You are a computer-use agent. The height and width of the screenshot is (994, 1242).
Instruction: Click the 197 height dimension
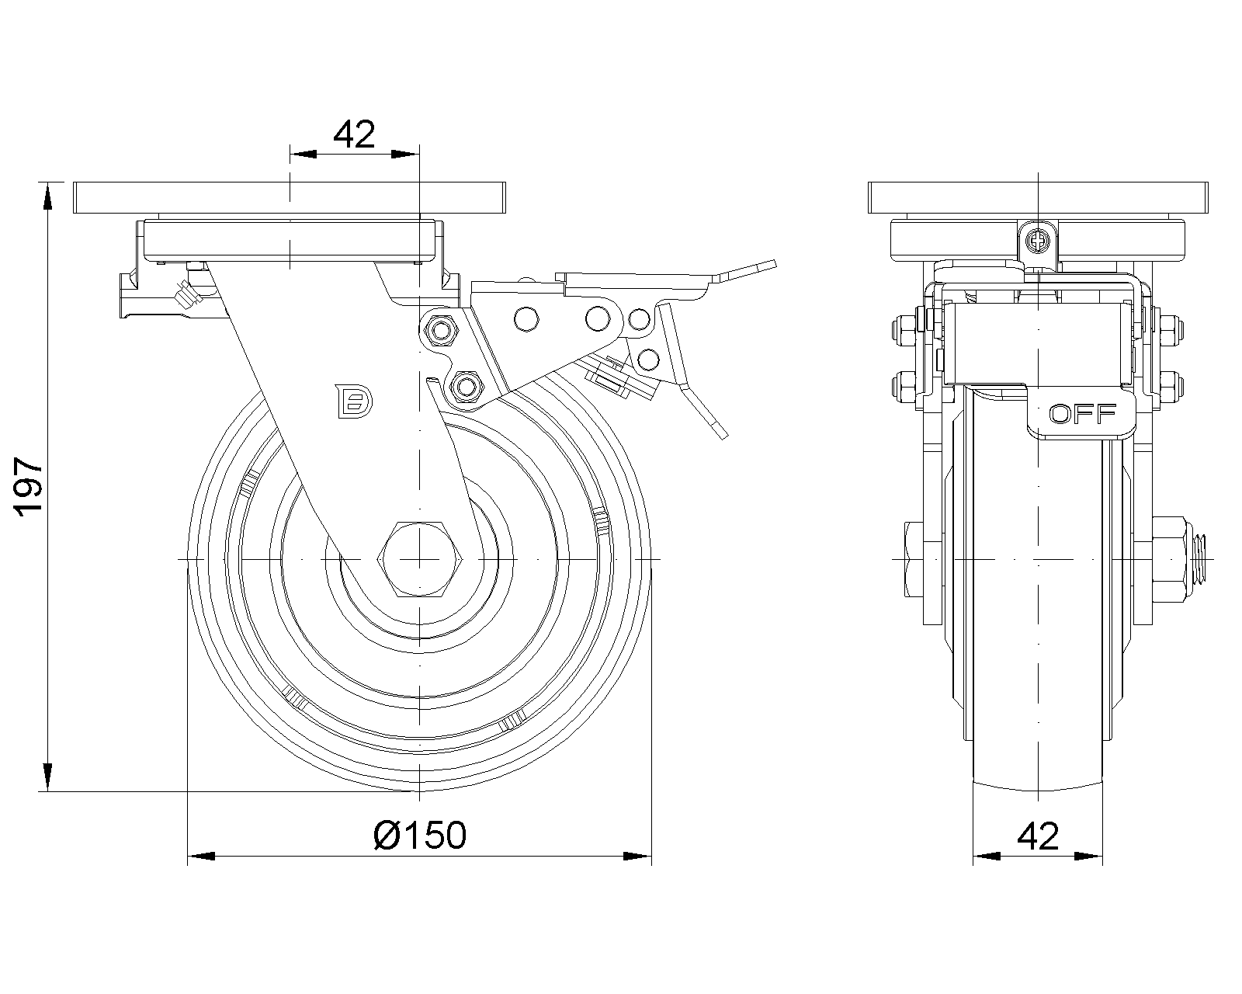click(x=29, y=487)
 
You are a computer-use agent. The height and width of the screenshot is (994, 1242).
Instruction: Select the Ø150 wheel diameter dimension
click(x=420, y=836)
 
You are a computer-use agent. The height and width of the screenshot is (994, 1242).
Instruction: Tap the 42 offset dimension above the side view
click(x=354, y=134)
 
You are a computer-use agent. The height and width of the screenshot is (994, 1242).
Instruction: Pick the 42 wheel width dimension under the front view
click(x=1038, y=836)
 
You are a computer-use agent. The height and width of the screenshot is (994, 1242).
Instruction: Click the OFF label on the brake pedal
click(x=1083, y=413)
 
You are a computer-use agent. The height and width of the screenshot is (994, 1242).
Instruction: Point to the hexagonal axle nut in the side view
click(x=420, y=558)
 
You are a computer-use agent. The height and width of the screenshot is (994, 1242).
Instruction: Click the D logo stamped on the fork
click(x=353, y=401)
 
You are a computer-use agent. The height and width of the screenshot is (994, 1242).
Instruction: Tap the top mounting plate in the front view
click(x=1038, y=198)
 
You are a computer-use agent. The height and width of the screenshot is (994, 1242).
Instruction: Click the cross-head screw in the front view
click(x=1038, y=240)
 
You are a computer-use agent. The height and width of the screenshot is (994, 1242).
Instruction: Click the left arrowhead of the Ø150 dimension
click(x=201, y=857)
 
